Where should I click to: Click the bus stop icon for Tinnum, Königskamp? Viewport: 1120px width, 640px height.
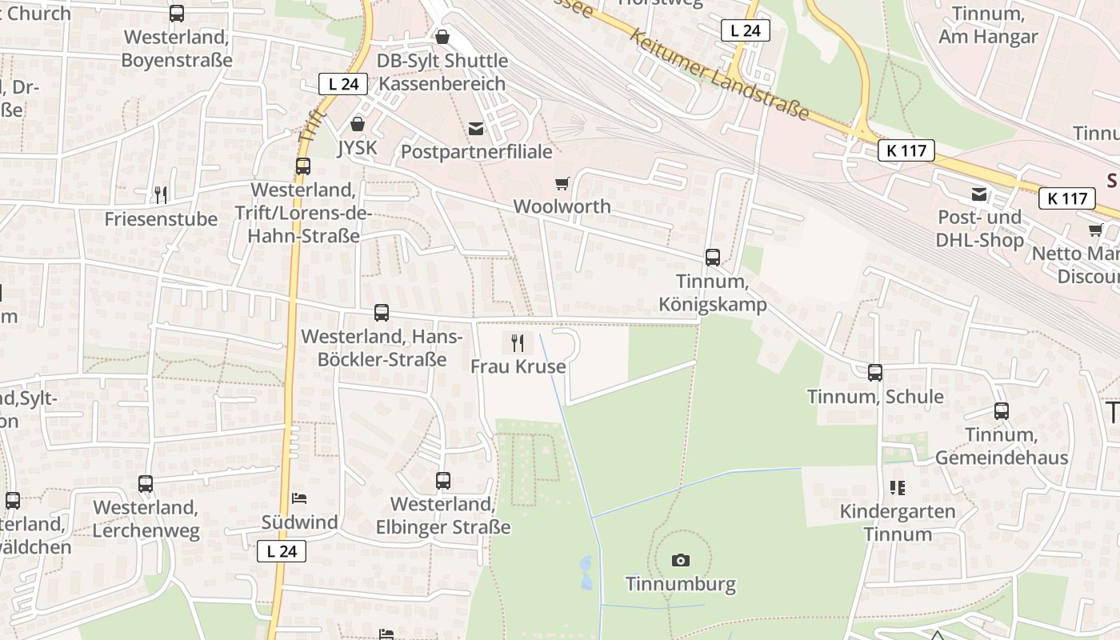712,258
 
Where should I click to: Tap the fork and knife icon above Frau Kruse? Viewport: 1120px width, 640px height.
518,343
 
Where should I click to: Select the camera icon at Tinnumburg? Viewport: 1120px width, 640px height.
680,560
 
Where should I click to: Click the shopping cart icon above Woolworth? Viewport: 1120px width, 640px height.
562,183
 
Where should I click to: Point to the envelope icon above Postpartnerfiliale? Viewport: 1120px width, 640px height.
476,128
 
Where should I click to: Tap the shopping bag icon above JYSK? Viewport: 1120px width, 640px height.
357,124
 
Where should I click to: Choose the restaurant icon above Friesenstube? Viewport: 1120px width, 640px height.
161,195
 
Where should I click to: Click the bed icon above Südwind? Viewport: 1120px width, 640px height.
299,498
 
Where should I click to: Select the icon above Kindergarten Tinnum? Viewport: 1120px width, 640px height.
897,487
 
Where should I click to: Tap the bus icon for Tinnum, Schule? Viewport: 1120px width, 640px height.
875,373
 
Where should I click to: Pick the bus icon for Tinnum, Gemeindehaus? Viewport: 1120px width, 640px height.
1001,411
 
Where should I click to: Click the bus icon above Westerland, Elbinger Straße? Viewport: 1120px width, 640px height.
442,481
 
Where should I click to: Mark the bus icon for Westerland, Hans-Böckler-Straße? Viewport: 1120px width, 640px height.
382,313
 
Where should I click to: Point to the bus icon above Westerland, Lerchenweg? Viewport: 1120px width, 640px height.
145,484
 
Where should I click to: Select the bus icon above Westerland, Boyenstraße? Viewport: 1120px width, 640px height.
176,14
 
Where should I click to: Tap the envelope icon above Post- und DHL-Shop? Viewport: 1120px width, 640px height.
978,194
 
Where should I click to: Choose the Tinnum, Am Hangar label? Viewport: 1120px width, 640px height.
988,26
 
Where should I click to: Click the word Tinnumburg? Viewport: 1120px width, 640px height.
680,584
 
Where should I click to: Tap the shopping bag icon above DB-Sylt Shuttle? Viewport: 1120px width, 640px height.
442,37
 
